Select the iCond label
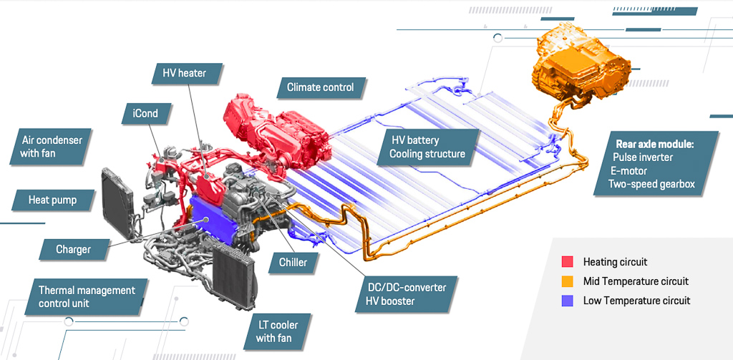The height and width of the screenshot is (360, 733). pyautogui.click(x=146, y=114)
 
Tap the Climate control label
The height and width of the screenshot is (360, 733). pyautogui.click(x=321, y=87)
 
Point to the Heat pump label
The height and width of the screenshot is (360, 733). pyautogui.click(x=53, y=200)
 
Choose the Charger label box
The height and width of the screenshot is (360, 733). pyautogui.click(x=74, y=249)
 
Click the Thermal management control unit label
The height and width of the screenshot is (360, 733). pyautogui.click(x=87, y=296)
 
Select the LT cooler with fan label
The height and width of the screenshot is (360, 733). pyautogui.click(x=277, y=331)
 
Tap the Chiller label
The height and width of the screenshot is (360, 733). pyautogui.click(x=293, y=262)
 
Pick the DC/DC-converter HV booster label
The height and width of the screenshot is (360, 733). pyautogui.click(x=406, y=293)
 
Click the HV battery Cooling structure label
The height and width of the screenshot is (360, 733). pyautogui.click(x=428, y=147)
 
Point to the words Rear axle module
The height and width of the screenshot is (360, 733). pyautogui.click(x=654, y=145)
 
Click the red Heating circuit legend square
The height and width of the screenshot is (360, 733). pyautogui.click(x=567, y=262)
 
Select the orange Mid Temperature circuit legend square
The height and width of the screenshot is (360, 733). pyautogui.click(x=567, y=281)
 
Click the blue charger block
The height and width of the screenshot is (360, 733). pyautogui.click(x=211, y=220)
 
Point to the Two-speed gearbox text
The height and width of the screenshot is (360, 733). pyautogui.click(x=651, y=184)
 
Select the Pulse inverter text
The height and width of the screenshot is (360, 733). pyautogui.click(x=642, y=157)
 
